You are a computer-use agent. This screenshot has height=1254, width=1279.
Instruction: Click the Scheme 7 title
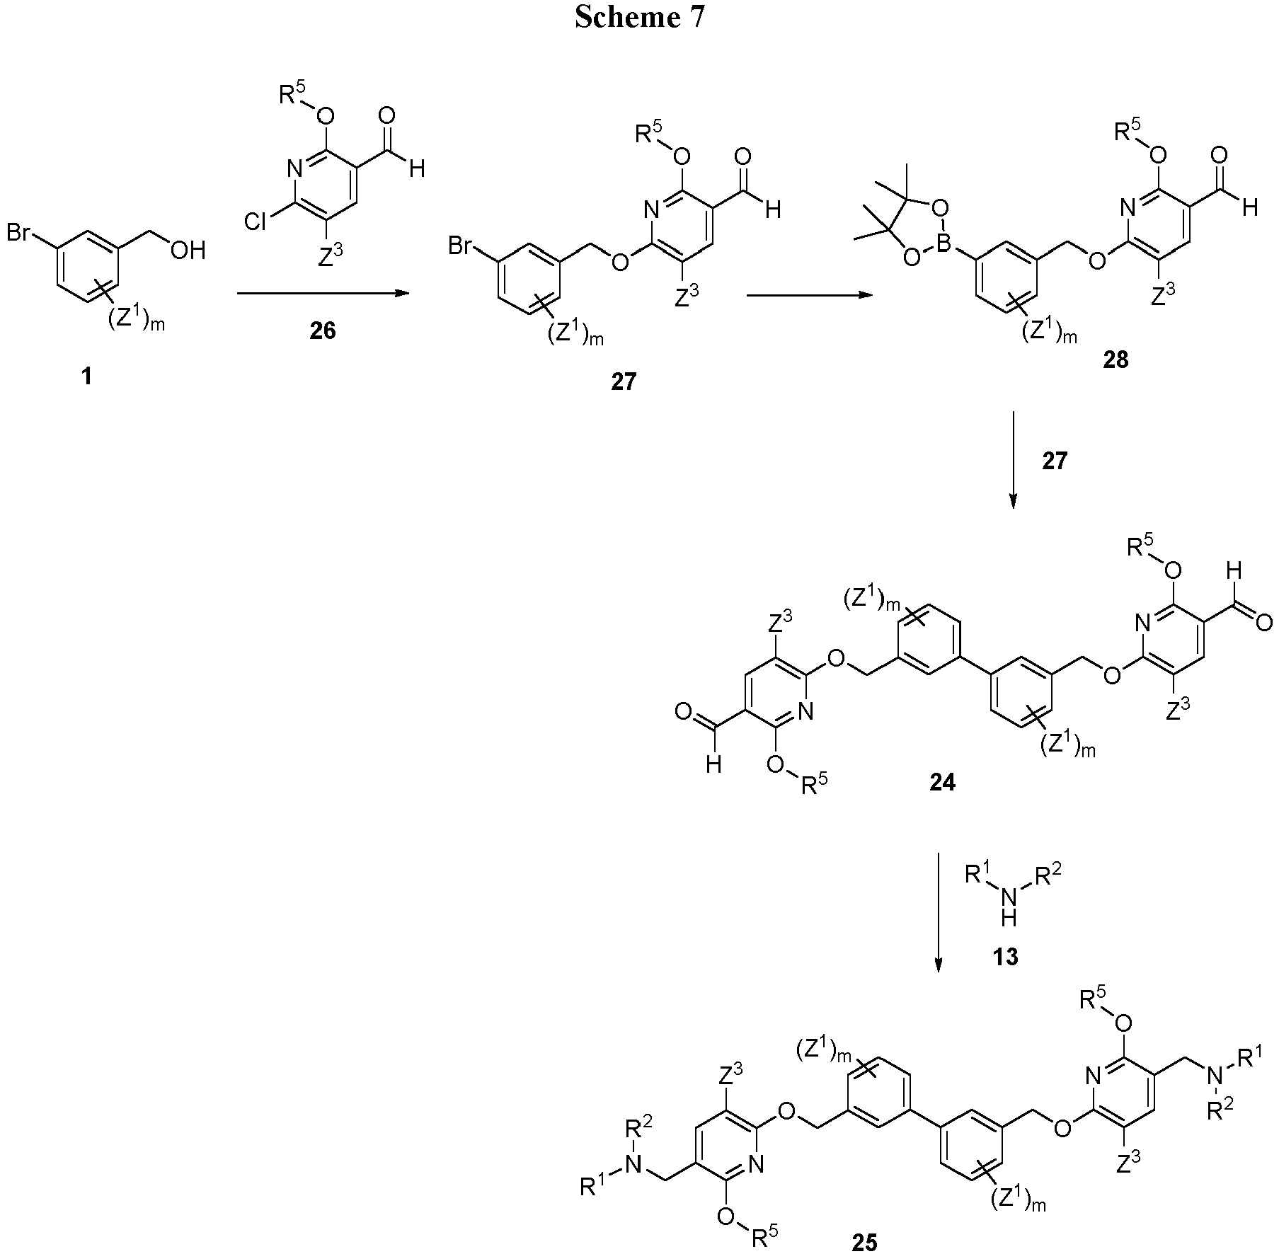point(639,18)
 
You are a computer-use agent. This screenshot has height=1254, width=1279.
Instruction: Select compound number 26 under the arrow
point(323,331)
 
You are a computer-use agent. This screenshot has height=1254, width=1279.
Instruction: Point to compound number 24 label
point(941,782)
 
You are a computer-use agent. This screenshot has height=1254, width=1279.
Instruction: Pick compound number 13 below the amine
point(1005,957)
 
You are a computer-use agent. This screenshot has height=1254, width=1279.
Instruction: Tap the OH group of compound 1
point(188,250)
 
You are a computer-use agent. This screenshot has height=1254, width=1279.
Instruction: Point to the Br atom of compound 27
point(461,246)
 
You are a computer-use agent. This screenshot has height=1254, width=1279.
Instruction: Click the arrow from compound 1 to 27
point(323,293)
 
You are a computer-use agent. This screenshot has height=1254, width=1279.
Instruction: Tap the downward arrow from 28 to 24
point(1012,459)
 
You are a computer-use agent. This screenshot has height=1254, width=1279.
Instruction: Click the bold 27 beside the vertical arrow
point(1054,461)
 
